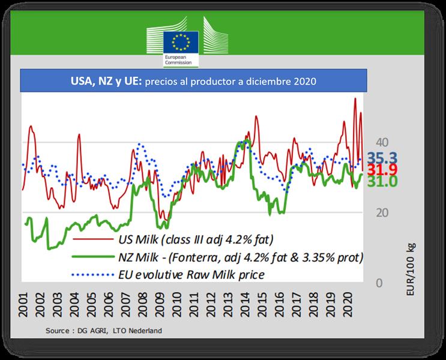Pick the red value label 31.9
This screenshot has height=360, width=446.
click(x=381, y=170)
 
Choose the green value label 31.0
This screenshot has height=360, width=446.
click(x=381, y=181)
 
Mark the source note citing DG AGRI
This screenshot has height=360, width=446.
click(x=103, y=331)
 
